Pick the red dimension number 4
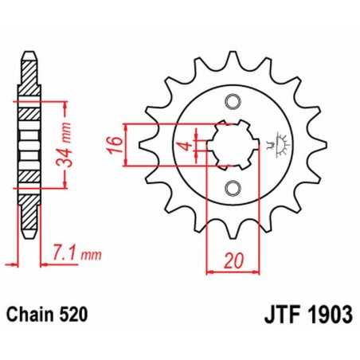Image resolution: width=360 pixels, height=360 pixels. point(184,145)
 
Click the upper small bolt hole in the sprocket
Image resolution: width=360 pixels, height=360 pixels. point(233,102)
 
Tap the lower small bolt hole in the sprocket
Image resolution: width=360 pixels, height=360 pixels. point(233,188)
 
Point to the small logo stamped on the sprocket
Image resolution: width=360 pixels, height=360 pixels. point(280,146)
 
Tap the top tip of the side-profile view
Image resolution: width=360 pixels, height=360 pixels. point(29,55)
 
